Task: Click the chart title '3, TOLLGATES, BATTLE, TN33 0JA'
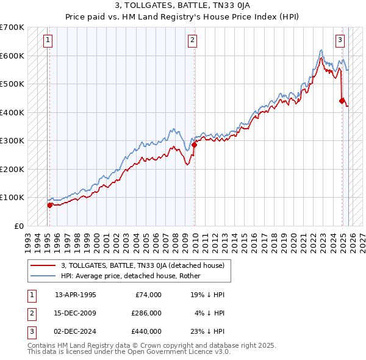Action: click(x=183, y=7)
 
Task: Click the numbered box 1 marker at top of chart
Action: click(x=48, y=41)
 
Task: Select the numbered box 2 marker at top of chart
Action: click(x=192, y=41)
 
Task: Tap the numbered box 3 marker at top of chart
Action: click(x=340, y=41)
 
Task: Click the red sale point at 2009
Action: click(x=195, y=145)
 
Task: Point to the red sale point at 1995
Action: click(x=49, y=205)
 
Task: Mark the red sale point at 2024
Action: click(x=342, y=101)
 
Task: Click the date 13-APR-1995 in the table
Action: click(x=76, y=295)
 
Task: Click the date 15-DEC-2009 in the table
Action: click(x=76, y=313)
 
